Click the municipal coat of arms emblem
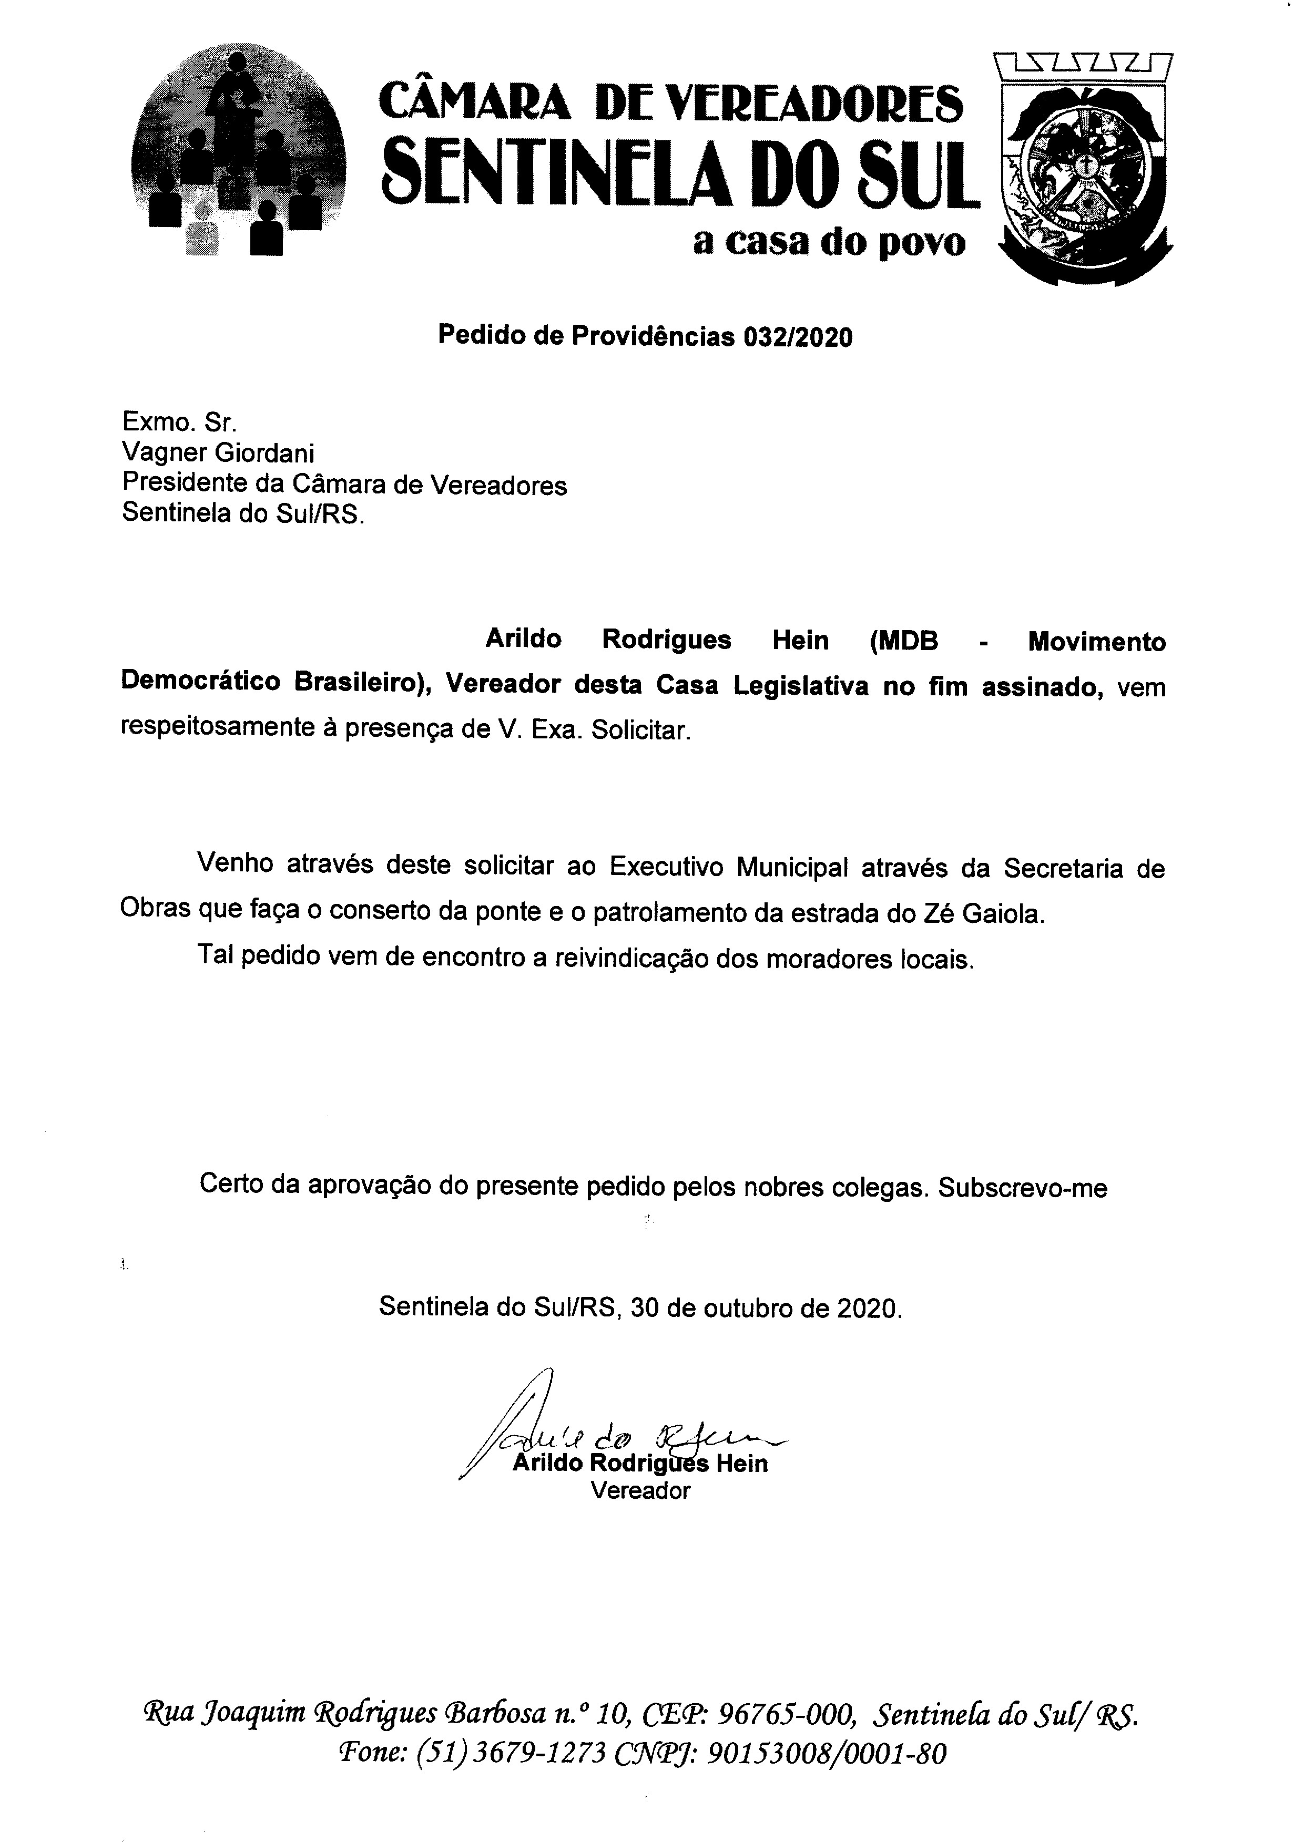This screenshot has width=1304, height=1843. [1083, 167]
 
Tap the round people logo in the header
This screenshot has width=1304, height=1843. [239, 151]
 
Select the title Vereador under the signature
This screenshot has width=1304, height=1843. [640, 1490]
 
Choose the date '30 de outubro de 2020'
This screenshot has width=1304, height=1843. [766, 1307]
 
